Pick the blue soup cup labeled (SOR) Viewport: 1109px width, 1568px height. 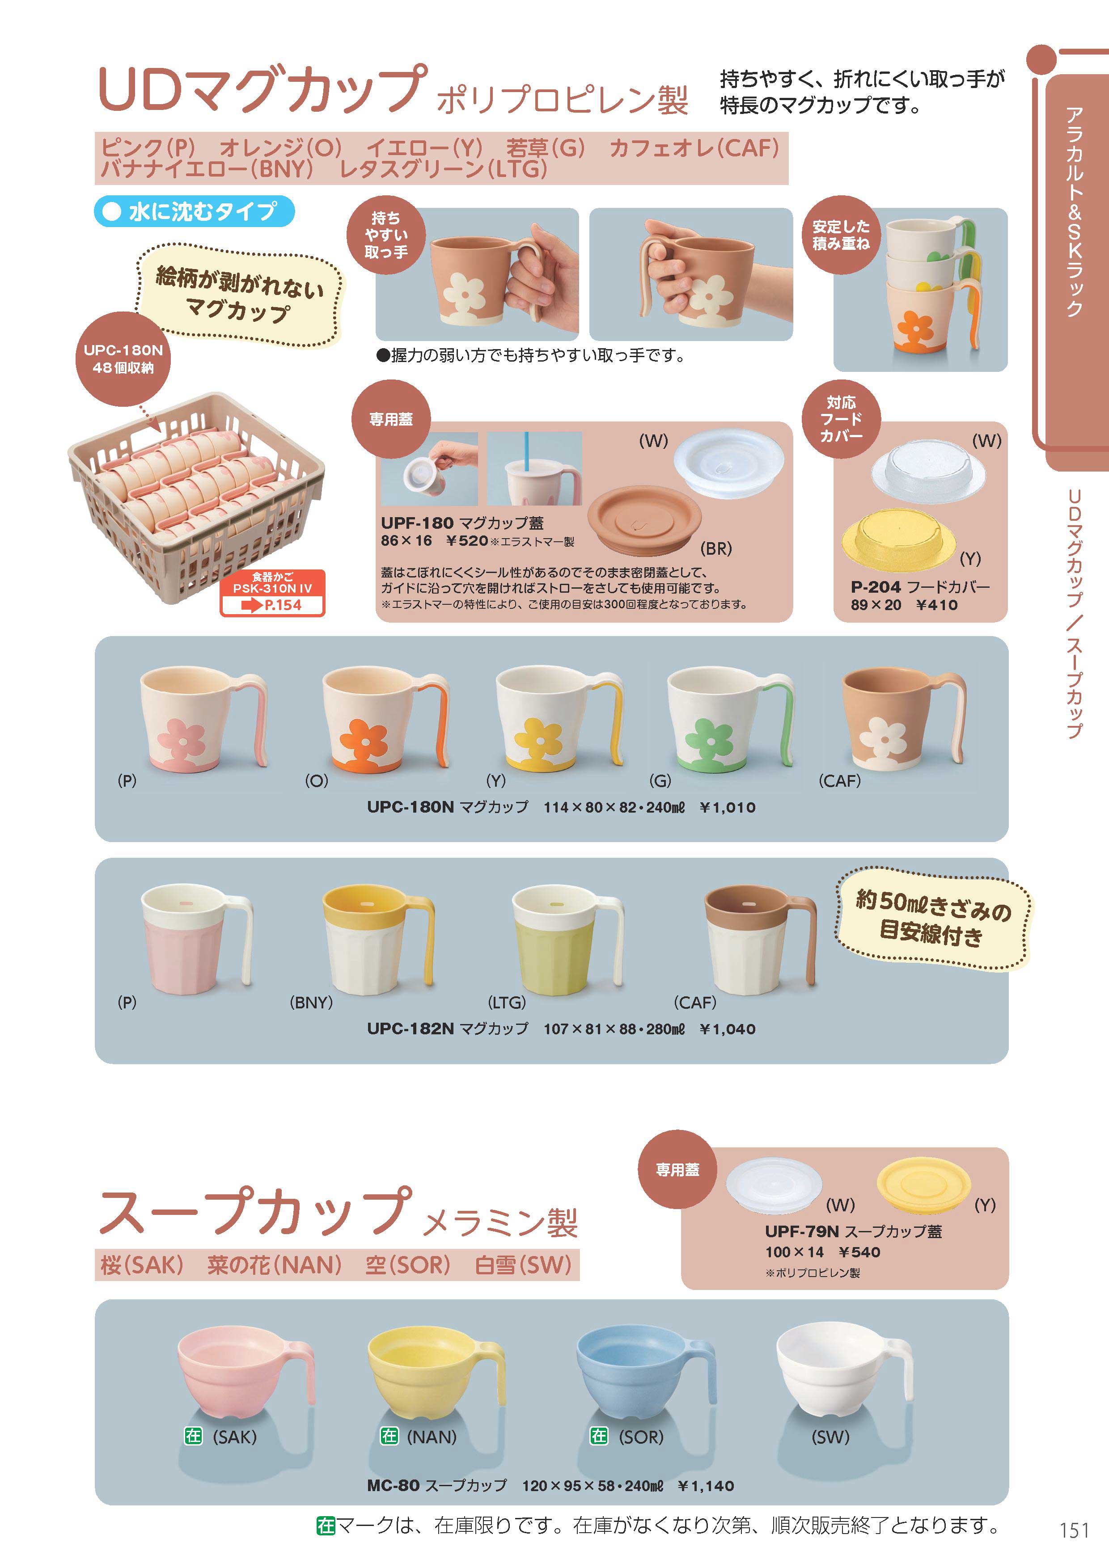pos(646,1370)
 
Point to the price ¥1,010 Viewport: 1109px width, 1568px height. pos(727,807)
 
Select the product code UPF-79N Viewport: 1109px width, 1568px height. pos(801,1231)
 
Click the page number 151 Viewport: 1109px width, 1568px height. pos(1074,1530)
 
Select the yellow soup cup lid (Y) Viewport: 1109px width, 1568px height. pos(923,1182)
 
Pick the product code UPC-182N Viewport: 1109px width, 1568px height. pos(410,1028)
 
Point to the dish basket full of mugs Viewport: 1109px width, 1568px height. pos(196,497)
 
